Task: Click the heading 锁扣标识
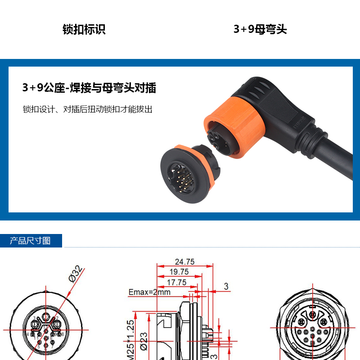(84, 30)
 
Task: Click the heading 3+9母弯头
(260, 30)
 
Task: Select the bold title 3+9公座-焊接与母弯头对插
(89, 88)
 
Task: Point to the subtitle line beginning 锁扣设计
(88, 109)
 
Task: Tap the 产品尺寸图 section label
(31, 241)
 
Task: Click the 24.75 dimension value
(184, 261)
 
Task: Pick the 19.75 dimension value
(179, 272)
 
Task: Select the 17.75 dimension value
(176, 282)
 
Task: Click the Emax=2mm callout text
(150, 292)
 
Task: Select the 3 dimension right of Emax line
(226, 286)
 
